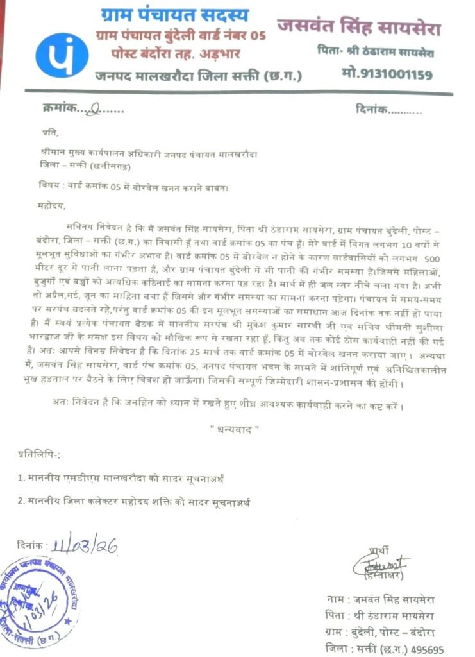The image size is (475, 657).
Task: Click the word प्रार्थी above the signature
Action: click(x=379, y=550)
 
